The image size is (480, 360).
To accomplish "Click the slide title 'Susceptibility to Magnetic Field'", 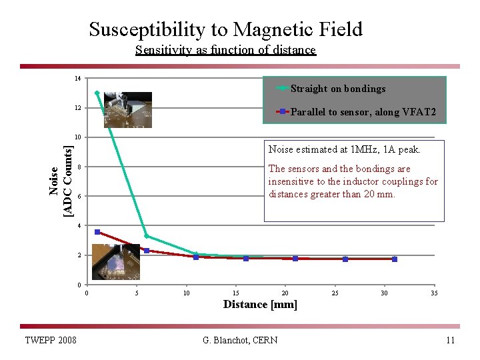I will pyautogui.click(x=225, y=29).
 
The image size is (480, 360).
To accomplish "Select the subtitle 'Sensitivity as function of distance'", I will pyautogui.click(x=225, y=50).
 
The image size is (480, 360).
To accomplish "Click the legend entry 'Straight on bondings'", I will pyautogui.click(x=337, y=89).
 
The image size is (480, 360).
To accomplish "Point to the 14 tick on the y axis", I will pyautogui.click(x=78, y=79).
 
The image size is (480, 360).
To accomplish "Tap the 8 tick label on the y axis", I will pyautogui.click(x=78, y=167).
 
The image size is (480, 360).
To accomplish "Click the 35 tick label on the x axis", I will pyautogui.click(x=434, y=293).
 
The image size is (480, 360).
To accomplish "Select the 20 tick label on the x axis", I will pyautogui.click(x=285, y=293).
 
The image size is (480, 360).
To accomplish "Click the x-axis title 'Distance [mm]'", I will pyautogui.click(x=260, y=305).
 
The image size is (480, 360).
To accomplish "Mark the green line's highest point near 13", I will pyautogui.click(x=97, y=93).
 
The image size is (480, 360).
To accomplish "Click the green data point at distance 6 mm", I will pyautogui.click(x=147, y=236).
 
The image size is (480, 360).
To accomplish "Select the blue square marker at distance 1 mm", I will pyautogui.click(x=97, y=232).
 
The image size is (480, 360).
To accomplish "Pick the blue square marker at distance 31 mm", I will pyautogui.click(x=395, y=259).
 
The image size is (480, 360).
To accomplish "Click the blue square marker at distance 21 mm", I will pyautogui.click(x=295, y=259).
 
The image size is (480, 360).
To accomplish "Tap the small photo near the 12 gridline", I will pyautogui.click(x=127, y=109).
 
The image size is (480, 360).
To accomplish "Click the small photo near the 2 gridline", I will pyautogui.click(x=116, y=261).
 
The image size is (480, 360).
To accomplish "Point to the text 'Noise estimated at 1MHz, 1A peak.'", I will pyautogui.click(x=344, y=149).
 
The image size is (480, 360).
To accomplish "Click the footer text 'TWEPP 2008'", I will pyautogui.click(x=50, y=341).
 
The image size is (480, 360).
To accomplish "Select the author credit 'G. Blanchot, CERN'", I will pyautogui.click(x=240, y=341).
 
